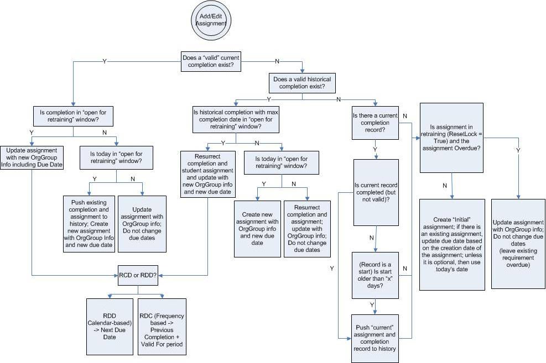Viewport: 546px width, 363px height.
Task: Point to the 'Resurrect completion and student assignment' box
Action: [207, 175]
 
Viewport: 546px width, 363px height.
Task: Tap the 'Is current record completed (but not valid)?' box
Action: [376, 192]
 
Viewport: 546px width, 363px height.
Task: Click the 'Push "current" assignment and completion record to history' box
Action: [376, 339]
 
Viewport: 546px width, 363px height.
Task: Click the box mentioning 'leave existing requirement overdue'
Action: [518, 244]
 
